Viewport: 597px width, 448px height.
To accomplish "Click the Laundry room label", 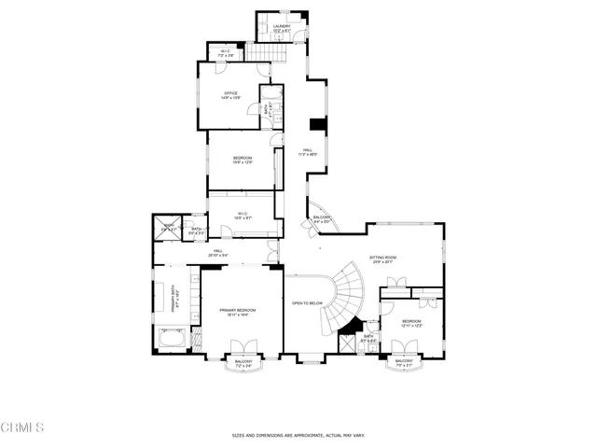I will click(282, 29).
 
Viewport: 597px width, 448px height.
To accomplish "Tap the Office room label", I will click(231, 96).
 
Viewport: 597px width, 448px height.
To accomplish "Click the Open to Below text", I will click(307, 302).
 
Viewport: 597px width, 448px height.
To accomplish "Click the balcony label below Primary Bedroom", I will click(243, 363).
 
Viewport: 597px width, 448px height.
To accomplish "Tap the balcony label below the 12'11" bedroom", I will click(404, 363).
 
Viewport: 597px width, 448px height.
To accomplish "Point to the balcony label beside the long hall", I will click(321, 220).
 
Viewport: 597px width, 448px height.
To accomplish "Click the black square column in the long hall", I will click(316, 125).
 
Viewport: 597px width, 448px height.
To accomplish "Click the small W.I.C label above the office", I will click(225, 52).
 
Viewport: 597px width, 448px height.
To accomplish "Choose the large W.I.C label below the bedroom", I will click(242, 217).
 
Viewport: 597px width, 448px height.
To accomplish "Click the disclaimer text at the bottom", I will click(298, 435).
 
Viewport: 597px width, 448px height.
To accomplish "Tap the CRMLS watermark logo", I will click(22, 428).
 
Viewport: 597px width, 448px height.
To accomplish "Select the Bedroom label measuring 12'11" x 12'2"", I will click(411, 324).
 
